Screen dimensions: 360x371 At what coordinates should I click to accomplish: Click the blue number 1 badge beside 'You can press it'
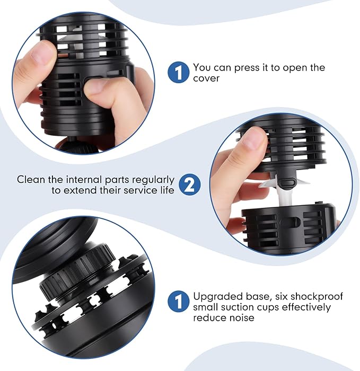(x=179, y=73)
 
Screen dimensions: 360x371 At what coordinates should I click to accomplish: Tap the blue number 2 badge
(x=190, y=184)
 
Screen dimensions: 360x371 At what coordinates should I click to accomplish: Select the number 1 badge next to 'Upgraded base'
(x=179, y=301)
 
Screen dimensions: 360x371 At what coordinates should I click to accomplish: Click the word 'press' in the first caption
(x=247, y=68)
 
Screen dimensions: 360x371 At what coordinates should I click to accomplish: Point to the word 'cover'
(x=206, y=78)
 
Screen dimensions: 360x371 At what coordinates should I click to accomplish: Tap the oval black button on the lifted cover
(x=287, y=183)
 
